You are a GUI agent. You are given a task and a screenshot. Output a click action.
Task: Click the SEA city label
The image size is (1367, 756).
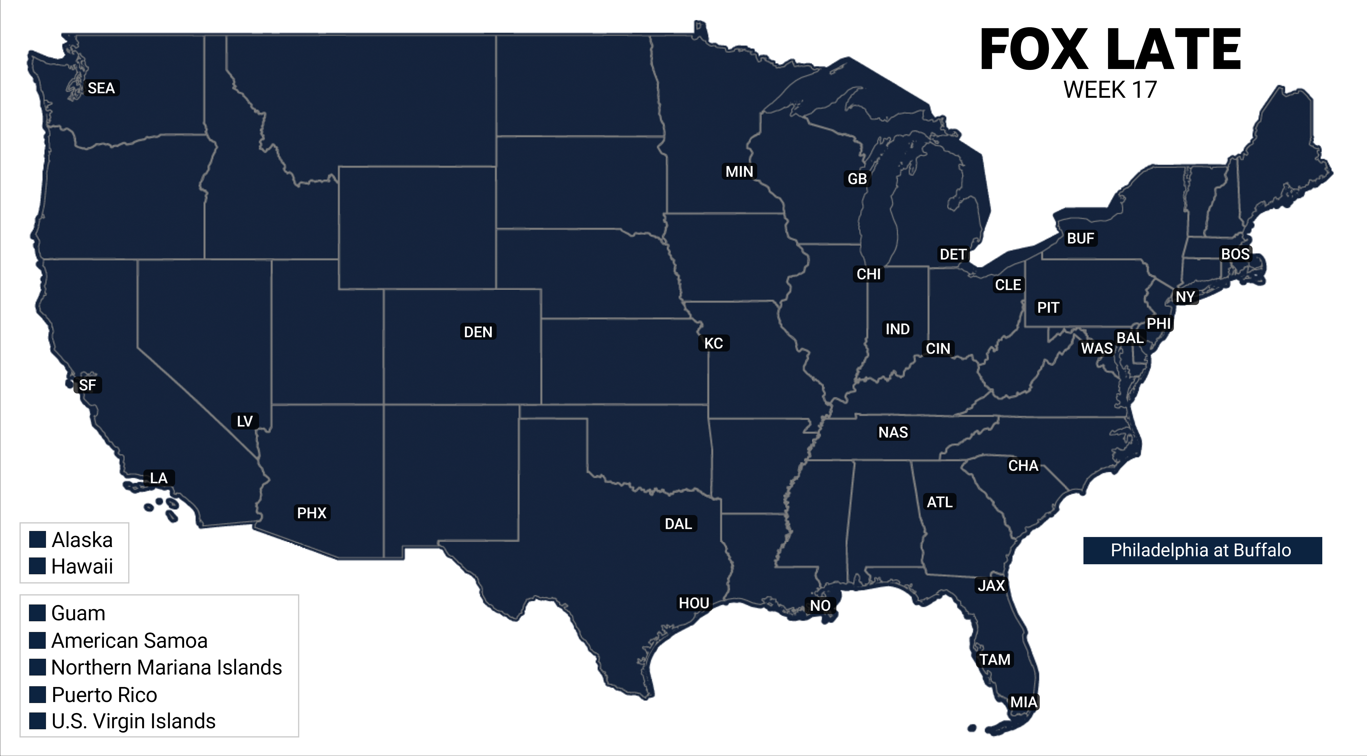click(x=101, y=88)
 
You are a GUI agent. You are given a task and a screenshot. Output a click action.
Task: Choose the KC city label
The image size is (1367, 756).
click(x=713, y=343)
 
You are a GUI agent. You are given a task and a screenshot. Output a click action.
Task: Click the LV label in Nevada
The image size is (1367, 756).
click(x=245, y=421)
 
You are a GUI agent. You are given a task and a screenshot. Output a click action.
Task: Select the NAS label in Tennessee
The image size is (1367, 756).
click(x=893, y=433)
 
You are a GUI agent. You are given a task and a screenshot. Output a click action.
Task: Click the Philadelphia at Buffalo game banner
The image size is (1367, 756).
click(x=1201, y=550)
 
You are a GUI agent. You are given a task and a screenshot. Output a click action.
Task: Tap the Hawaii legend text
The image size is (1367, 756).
click(x=82, y=566)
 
